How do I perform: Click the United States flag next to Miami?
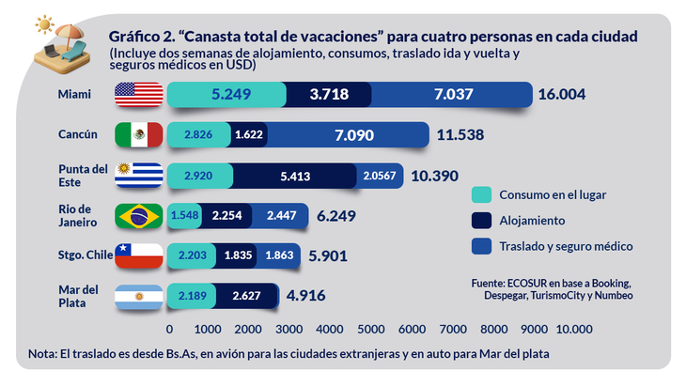click(139, 95)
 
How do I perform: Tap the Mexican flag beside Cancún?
click(139, 135)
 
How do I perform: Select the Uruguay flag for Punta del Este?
click(139, 176)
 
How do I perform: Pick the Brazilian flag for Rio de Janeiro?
click(139, 216)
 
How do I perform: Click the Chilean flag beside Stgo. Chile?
click(139, 255)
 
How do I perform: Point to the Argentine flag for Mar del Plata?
click(139, 296)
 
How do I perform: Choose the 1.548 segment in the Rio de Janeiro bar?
click(185, 216)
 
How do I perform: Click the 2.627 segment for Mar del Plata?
click(244, 296)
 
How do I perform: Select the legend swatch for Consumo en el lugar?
click(481, 195)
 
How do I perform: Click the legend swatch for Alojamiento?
click(481, 221)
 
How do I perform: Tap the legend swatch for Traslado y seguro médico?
click(481, 246)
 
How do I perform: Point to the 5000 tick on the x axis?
click(368, 330)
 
